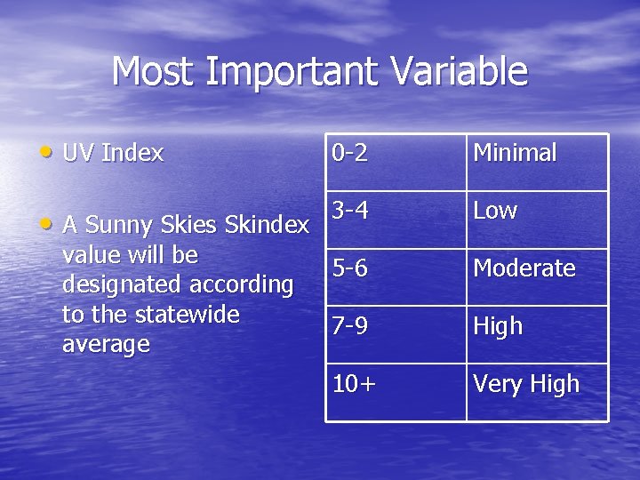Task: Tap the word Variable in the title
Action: [460, 72]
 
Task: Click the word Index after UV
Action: [132, 153]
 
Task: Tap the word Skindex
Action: [268, 226]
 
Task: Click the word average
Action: [106, 344]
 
